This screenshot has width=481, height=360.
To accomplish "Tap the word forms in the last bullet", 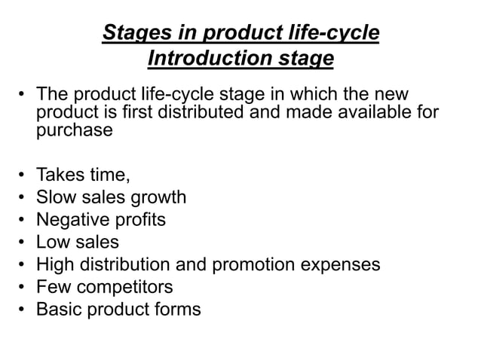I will point(175,309).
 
